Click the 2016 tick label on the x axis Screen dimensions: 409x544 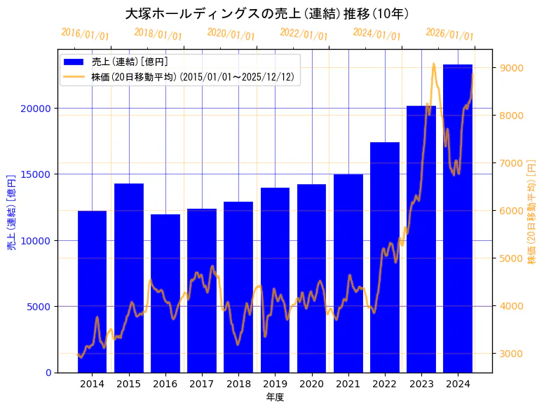[165, 384]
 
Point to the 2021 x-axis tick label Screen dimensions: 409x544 [348, 384]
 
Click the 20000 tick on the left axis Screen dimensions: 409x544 [34, 109]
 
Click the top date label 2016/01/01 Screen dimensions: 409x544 [85, 34]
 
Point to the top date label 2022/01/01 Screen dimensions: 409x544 [304, 34]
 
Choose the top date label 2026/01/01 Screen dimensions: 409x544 [449, 34]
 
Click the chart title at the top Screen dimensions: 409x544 [266, 13]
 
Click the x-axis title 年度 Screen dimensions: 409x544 [275, 397]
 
